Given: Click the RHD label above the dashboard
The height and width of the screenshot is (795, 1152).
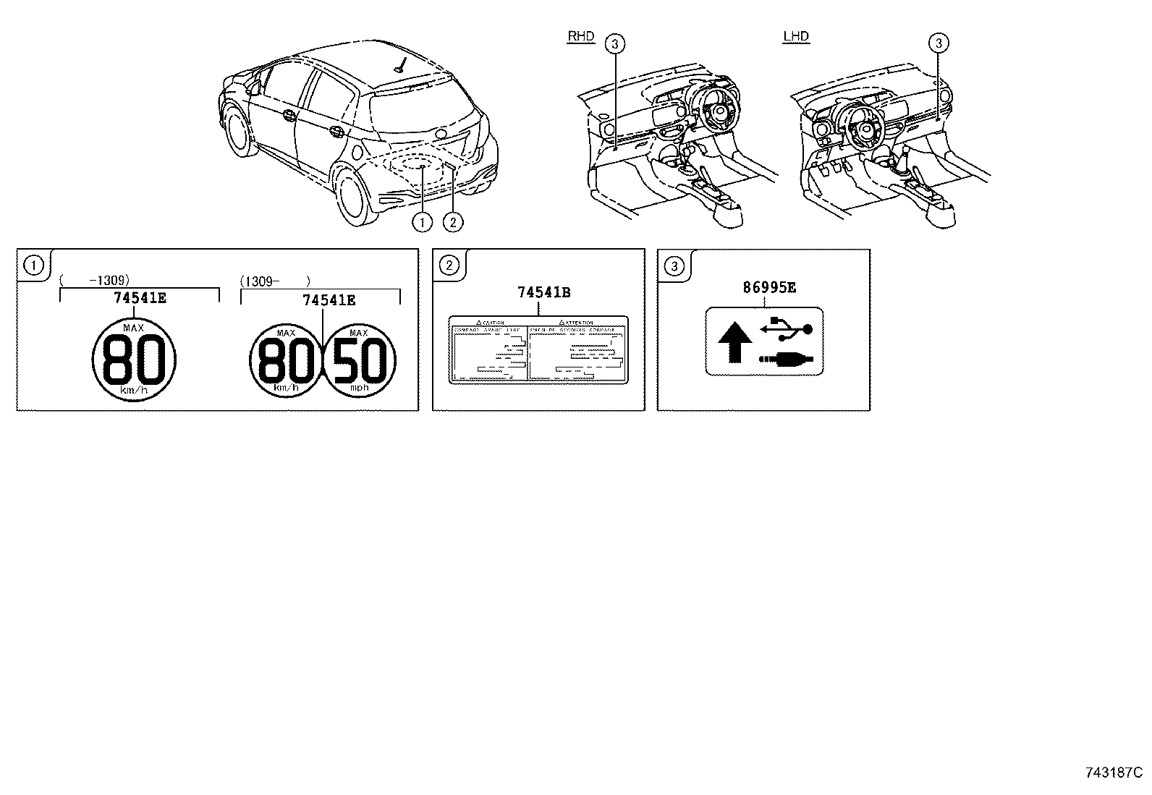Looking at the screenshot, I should click(x=580, y=37).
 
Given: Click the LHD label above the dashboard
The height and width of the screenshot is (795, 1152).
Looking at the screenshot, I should click(x=796, y=37).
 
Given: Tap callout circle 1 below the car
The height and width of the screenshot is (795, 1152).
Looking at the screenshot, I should click(x=422, y=222).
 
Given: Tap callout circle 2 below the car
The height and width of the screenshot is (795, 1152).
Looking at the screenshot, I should click(x=452, y=222).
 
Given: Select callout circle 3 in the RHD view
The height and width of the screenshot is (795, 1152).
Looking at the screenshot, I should click(x=614, y=44).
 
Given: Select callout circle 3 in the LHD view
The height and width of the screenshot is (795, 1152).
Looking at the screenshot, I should click(x=938, y=44).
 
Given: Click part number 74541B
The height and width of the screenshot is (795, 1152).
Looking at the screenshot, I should click(x=544, y=292).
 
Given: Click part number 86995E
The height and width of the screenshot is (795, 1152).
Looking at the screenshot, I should click(x=769, y=287).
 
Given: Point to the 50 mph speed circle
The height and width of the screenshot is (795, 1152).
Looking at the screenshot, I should click(x=360, y=360).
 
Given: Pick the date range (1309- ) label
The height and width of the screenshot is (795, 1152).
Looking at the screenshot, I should click(x=275, y=280).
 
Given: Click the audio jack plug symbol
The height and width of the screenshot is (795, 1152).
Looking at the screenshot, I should click(x=785, y=359).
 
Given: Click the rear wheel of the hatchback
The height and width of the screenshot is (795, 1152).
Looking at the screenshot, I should click(x=352, y=192).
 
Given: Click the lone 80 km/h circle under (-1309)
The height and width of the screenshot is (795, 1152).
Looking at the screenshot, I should click(x=135, y=360).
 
